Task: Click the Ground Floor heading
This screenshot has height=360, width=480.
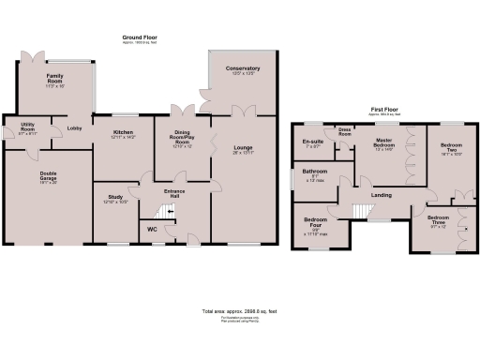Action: pos(139,37)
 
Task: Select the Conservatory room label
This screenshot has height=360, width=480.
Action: pos(242,68)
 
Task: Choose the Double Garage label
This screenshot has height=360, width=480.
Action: pos(48,174)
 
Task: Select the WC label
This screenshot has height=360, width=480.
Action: pos(152,228)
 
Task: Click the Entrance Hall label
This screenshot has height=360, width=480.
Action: pos(174,193)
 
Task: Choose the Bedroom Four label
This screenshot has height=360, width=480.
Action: pos(314,223)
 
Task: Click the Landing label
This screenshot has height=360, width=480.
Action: pos(382,194)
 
